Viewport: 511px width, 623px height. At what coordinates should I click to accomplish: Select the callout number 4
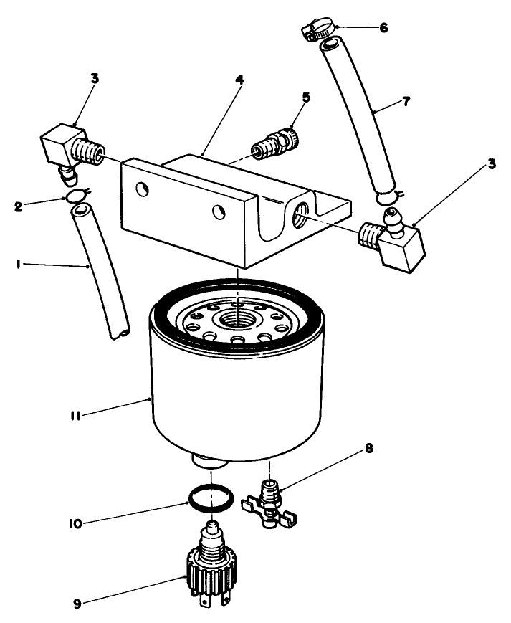pos(240,80)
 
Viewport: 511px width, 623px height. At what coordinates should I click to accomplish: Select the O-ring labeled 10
pos(211,496)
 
